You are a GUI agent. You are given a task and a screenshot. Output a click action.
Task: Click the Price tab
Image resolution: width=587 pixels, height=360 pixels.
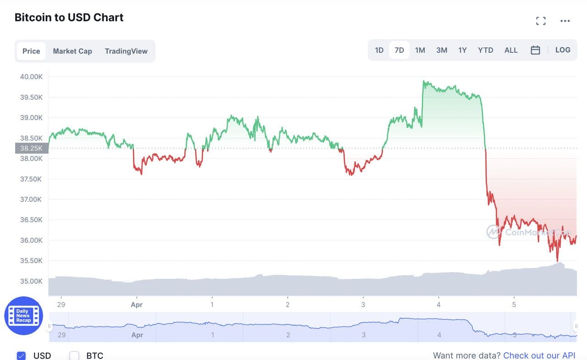31,51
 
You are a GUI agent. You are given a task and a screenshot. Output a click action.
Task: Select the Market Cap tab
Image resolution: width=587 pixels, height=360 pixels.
72,51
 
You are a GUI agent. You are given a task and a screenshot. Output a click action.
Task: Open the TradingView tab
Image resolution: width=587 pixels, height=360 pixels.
126,51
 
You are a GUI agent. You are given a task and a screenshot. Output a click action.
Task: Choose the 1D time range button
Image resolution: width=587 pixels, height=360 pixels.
379,50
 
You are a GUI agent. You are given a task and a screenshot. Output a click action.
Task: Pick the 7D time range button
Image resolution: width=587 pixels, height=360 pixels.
399,50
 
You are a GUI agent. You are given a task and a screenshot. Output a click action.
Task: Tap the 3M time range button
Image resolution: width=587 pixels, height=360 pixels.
442,50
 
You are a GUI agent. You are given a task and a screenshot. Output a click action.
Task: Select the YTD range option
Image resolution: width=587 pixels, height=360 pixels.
486,50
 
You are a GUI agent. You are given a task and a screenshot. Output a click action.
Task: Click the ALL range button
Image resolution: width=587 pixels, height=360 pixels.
511,50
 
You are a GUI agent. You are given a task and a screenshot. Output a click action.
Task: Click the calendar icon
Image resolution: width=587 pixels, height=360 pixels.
535,50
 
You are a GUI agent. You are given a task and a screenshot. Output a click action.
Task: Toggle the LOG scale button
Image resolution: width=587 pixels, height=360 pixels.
563,50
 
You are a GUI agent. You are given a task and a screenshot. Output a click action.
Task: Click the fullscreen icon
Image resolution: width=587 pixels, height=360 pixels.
541,21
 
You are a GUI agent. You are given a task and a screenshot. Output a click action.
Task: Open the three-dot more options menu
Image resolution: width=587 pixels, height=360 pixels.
565,21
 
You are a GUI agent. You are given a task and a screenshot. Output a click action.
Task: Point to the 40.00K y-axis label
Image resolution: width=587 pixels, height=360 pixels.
31,77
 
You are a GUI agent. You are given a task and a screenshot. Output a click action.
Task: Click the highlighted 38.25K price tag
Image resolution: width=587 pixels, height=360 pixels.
31,148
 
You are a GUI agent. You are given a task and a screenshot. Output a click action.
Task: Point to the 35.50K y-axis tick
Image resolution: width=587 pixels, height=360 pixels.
31,260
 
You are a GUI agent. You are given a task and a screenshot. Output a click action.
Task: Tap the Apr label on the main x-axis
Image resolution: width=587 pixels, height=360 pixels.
136,305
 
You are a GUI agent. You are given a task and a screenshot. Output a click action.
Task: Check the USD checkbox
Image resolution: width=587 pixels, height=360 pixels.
21,355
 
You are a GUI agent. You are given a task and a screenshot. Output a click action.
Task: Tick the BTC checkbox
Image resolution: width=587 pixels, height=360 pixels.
74,355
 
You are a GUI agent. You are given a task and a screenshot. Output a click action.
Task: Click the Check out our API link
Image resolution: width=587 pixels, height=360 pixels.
539,355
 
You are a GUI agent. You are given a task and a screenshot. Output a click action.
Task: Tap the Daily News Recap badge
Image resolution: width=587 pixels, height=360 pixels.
23,316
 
